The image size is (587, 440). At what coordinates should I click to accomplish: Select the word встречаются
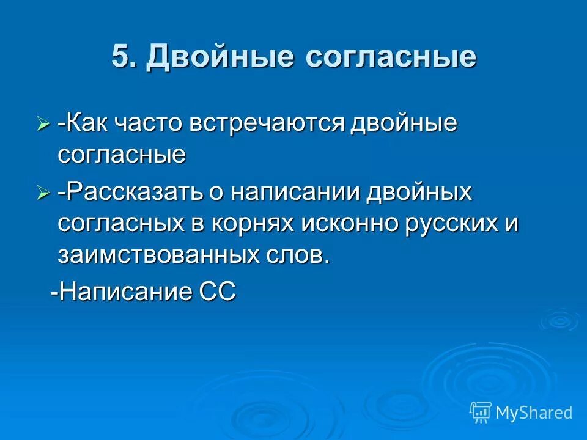[x=266, y=124]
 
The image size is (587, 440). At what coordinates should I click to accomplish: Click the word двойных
[x=419, y=193]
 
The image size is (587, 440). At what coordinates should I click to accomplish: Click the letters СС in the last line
[x=218, y=291]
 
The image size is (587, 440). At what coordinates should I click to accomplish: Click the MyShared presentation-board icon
[x=481, y=413]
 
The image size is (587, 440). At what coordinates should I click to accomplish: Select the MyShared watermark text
[x=534, y=413]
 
